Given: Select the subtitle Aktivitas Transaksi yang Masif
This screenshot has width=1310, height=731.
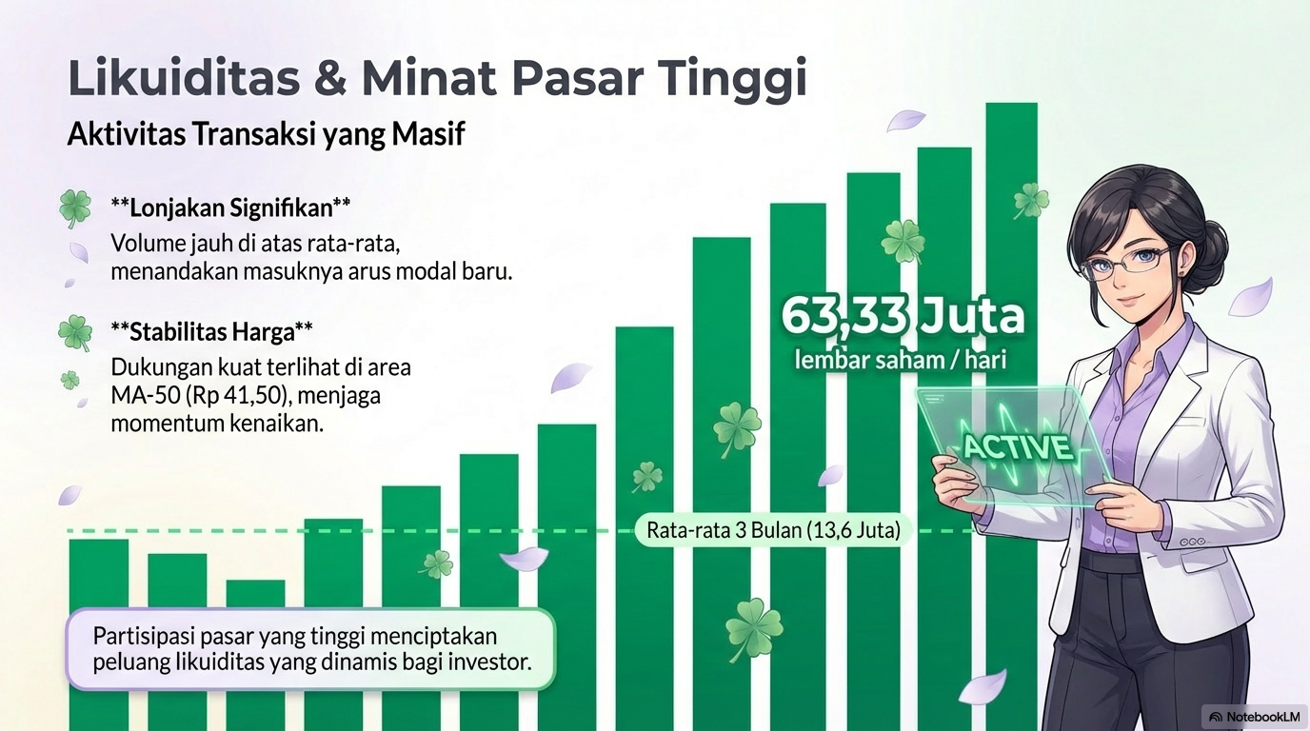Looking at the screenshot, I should (x=266, y=134).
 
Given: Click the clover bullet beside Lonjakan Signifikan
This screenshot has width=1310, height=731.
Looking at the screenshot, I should (x=75, y=207).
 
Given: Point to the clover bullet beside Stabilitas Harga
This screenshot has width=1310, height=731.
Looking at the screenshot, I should (x=75, y=333).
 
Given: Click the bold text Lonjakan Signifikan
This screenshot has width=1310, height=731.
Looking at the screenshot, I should (x=230, y=206).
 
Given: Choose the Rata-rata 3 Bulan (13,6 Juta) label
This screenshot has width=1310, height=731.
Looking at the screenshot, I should (x=773, y=530).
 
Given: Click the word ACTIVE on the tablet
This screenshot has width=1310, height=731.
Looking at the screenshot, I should (x=1017, y=446).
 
